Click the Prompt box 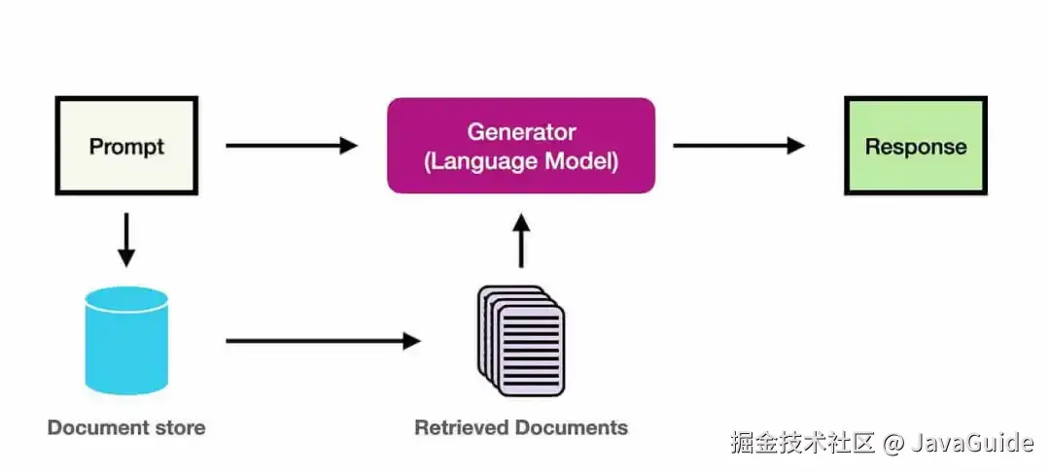pyautogui.click(x=126, y=146)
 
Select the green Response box pyautogui.click(x=916, y=147)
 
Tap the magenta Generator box pyautogui.click(x=521, y=146)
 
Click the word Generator pyautogui.click(x=521, y=131)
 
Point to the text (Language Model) pyautogui.click(x=521, y=160)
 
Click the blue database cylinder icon pyautogui.click(x=126, y=341)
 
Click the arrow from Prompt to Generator pyautogui.click(x=292, y=146)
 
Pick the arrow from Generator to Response pyautogui.click(x=739, y=146)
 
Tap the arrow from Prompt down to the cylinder pyautogui.click(x=126, y=239)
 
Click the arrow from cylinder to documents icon pyautogui.click(x=323, y=341)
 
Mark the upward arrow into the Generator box pyautogui.click(x=521, y=240)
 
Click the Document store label pyautogui.click(x=126, y=427)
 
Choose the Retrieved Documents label pyautogui.click(x=521, y=427)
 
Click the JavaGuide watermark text pyautogui.click(x=971, y=444)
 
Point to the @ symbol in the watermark pyautogui.click(x=893, y=444)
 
